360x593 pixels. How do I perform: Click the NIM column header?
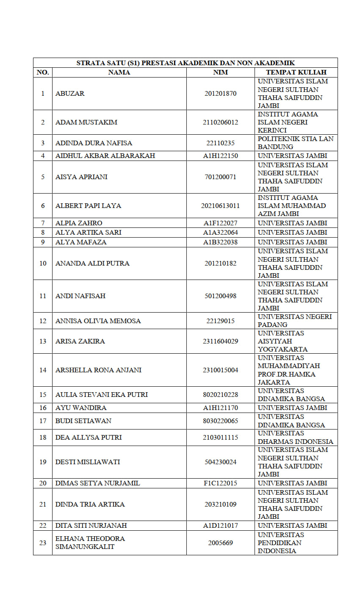click(220, 72)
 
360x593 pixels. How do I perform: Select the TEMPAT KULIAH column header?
click(296, 72)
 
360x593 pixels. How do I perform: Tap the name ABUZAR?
click(70, 94)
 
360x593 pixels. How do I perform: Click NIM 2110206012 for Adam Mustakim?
click(220, 122)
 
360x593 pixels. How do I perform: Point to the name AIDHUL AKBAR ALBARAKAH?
click(105, 156)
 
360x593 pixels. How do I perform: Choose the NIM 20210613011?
click(220, 206)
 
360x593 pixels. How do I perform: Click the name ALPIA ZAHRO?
click(79, 223)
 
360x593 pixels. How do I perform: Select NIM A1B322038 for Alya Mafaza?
click(220, 242)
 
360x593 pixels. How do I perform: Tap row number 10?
click(43, 263)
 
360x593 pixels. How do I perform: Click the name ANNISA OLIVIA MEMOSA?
click(98, 321)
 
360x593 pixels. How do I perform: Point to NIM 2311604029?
click(220, 341)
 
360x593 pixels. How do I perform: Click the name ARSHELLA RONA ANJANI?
click(98, 370)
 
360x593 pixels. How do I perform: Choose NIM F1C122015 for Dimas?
click(220, 483)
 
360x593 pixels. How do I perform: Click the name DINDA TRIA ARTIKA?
click(90, 504)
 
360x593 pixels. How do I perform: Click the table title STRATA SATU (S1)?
click(186, 63)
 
